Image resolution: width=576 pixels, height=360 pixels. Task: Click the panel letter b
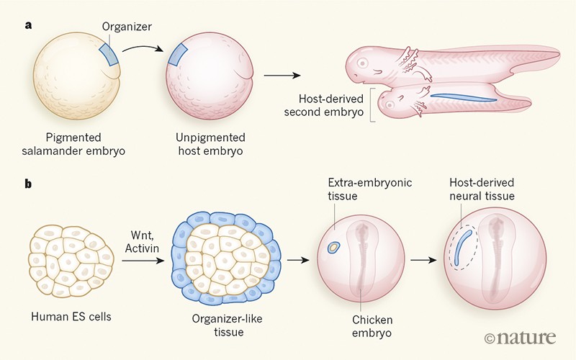click(28, 184)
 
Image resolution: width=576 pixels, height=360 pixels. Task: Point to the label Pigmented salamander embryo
click(70, 144)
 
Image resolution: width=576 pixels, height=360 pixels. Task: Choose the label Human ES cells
click(70, 317)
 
